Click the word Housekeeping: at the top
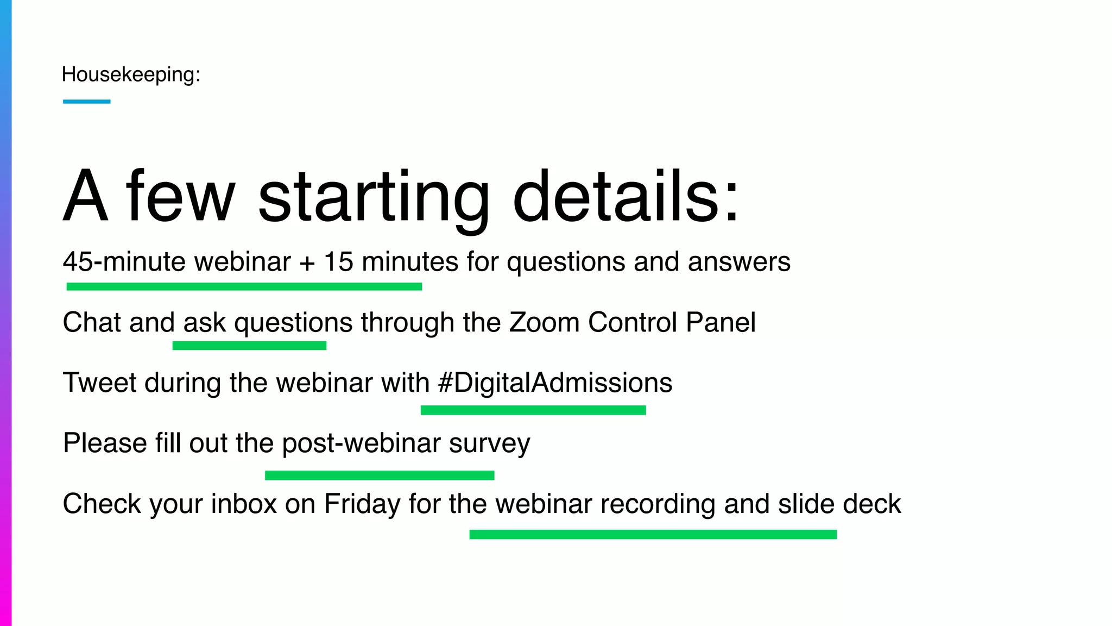[131, 74]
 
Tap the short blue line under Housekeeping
[87, 102]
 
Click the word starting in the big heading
[374, 197]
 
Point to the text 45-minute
[124, 262]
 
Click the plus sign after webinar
[307, 263]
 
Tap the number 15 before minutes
[338, 262]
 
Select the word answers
[739, 262]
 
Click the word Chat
[92, 322]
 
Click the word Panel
[721, 322]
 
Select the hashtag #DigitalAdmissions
[555, 383]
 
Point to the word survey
[489, 444]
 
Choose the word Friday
[362, 504]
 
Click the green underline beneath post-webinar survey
[380, 475]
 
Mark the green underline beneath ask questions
[249, 346]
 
